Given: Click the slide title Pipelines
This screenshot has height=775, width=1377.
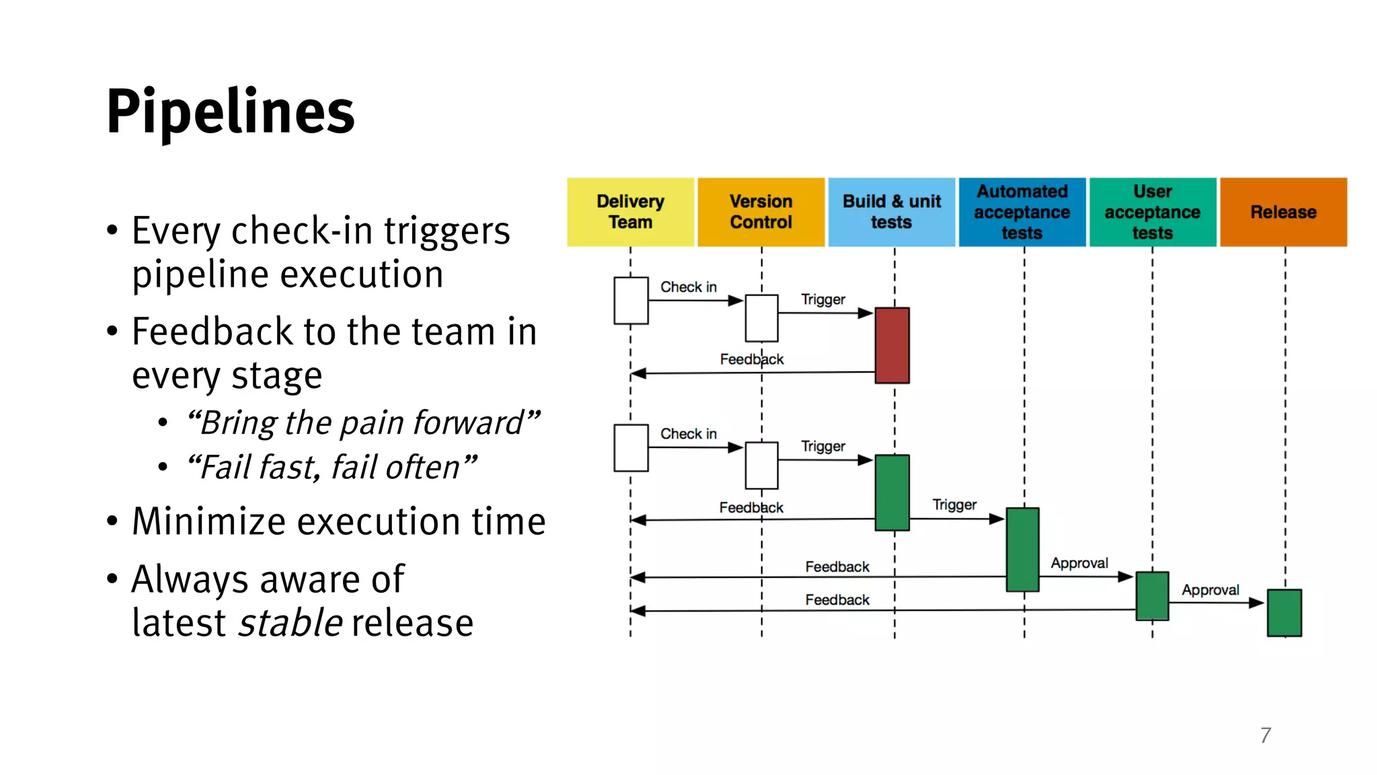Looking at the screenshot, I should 230,112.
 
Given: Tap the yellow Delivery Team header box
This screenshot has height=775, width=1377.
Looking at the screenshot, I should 630,212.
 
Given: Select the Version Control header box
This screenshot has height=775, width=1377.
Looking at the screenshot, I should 760,212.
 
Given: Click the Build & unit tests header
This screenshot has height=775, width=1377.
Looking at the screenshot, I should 892,212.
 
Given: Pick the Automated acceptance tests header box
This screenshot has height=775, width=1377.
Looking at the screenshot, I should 1022,212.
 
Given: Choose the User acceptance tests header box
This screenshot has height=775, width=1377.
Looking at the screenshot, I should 1152,212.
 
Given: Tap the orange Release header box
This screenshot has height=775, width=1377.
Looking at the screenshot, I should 1283,212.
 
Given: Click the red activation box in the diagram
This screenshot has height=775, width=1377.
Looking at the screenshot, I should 892,345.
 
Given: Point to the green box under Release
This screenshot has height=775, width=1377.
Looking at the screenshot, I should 1284,612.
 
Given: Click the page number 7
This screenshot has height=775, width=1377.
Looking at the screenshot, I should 1265,735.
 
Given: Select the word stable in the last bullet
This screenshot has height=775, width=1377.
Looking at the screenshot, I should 291,623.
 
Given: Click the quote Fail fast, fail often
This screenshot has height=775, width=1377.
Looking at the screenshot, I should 331,467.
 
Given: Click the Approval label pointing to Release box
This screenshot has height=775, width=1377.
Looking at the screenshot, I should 1210,590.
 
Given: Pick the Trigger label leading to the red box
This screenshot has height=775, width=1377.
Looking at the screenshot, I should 823,299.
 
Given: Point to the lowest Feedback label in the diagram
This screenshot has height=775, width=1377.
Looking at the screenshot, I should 837,599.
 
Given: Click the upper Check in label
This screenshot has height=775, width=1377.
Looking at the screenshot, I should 688,287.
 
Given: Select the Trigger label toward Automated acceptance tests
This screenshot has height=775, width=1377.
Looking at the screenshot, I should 954,505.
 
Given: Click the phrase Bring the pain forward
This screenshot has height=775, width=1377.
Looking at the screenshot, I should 363,423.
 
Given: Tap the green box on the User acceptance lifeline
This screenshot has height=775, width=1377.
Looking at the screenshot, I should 1152,595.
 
